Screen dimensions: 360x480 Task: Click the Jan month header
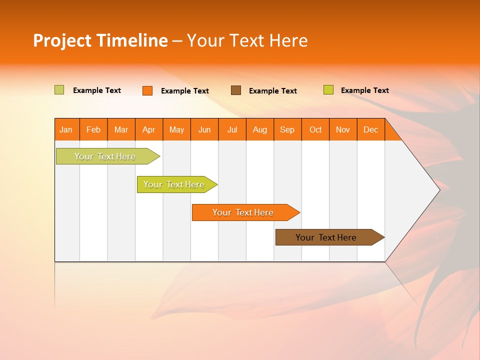pos(66,129)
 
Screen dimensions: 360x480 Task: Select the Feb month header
pos(93,129)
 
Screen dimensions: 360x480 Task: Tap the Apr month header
pos(149,129)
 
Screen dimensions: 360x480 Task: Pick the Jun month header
pos(204,129)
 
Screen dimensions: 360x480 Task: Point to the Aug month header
pos(260,129)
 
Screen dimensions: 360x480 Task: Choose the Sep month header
pos(287,129)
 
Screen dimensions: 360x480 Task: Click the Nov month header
pos(343,129)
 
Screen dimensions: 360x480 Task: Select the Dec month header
pos(370,129)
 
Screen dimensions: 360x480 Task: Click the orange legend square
pos(147,90)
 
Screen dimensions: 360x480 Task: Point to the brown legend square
pos(236,90)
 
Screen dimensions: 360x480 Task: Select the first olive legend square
pos(59,90)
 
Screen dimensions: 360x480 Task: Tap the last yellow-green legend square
pos(328,90)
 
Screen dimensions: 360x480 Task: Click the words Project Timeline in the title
pos(100,40)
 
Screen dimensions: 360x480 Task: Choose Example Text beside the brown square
pos(273,90)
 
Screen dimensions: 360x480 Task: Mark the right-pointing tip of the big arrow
pos(438,189)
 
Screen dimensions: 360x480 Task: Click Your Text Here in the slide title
pos(247,40)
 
